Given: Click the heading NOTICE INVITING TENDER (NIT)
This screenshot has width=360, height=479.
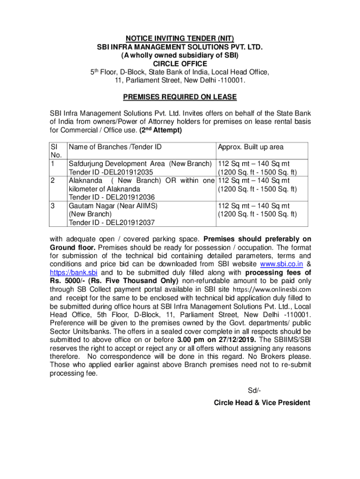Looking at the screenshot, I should pyautogui.click(x=180, y=38).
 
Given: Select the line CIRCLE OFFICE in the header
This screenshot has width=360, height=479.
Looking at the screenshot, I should pyautogui.click(x=180, y=64).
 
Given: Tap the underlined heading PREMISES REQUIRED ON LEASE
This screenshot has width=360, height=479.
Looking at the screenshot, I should pyautogui.click(x=180, y=97).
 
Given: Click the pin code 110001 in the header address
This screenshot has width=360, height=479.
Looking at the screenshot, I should pyautogui.click(x=232, y=80).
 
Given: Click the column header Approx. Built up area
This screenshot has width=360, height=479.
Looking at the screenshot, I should pyautogui.click(x=251, y=147).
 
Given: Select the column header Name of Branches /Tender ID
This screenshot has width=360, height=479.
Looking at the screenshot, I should pyautogui.click(x=115, y=147).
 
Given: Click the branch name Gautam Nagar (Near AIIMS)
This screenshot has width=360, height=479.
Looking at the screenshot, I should pyautogui.click(x=113, y=206).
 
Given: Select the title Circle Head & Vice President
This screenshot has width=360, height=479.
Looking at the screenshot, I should pyautogui.click(x=262, y=403).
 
